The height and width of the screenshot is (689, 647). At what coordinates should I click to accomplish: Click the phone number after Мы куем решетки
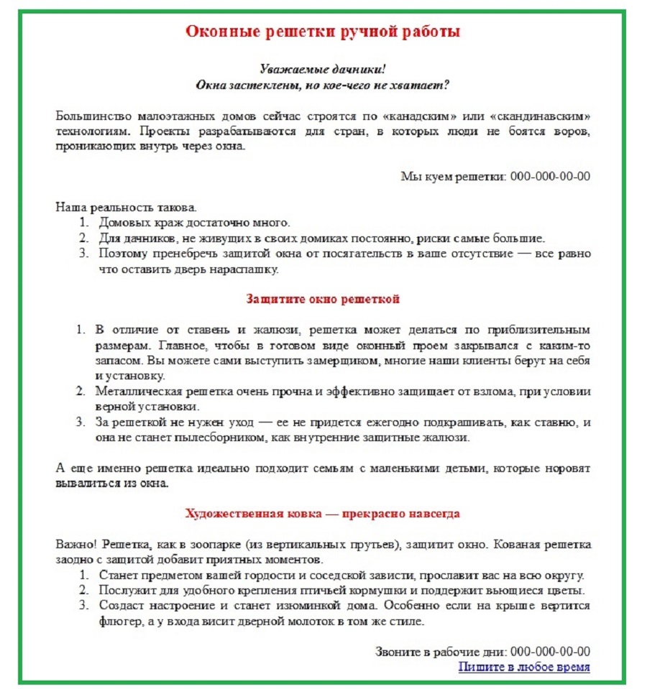point(550,177)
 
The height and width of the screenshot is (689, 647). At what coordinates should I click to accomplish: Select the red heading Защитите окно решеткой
point(323,298)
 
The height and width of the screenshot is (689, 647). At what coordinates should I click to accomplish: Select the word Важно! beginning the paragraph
point(73,545)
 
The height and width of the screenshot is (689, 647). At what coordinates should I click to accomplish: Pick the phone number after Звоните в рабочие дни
point(550,652)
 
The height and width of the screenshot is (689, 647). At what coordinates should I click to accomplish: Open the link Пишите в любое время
point(524,667)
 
